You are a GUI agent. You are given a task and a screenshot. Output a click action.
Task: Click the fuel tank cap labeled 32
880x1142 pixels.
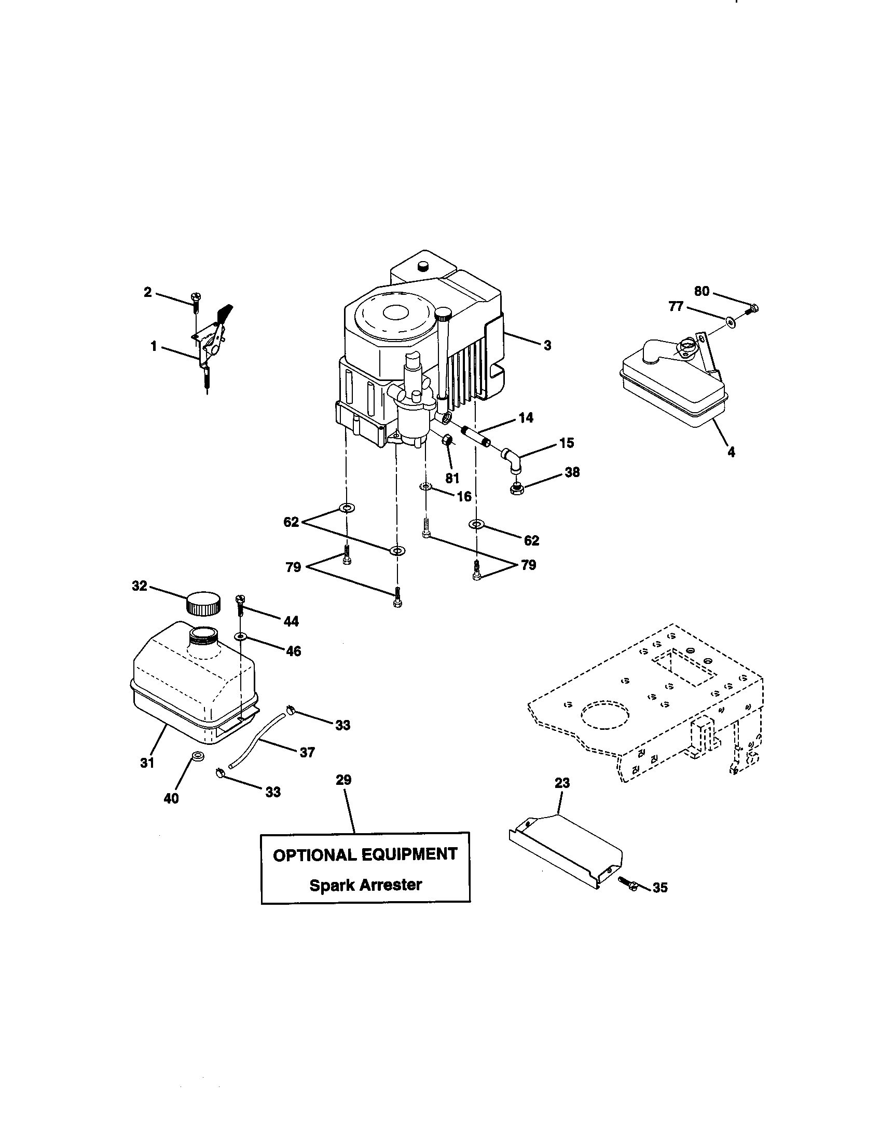(203, 603)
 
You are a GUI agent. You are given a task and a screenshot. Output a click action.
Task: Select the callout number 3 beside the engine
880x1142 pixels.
(547, 346)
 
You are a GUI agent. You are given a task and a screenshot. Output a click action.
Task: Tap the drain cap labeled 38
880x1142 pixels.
(516, 490)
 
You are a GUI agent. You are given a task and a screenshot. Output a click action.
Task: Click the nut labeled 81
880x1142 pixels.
(447, 440)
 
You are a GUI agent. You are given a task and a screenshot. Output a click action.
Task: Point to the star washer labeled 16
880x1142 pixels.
(426, 487)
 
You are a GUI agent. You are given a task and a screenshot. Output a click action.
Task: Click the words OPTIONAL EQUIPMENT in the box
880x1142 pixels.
(365, 854)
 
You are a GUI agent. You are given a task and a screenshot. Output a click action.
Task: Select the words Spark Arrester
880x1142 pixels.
(365, 885)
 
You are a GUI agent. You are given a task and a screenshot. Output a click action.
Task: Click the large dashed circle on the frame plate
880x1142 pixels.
(604, 714)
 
